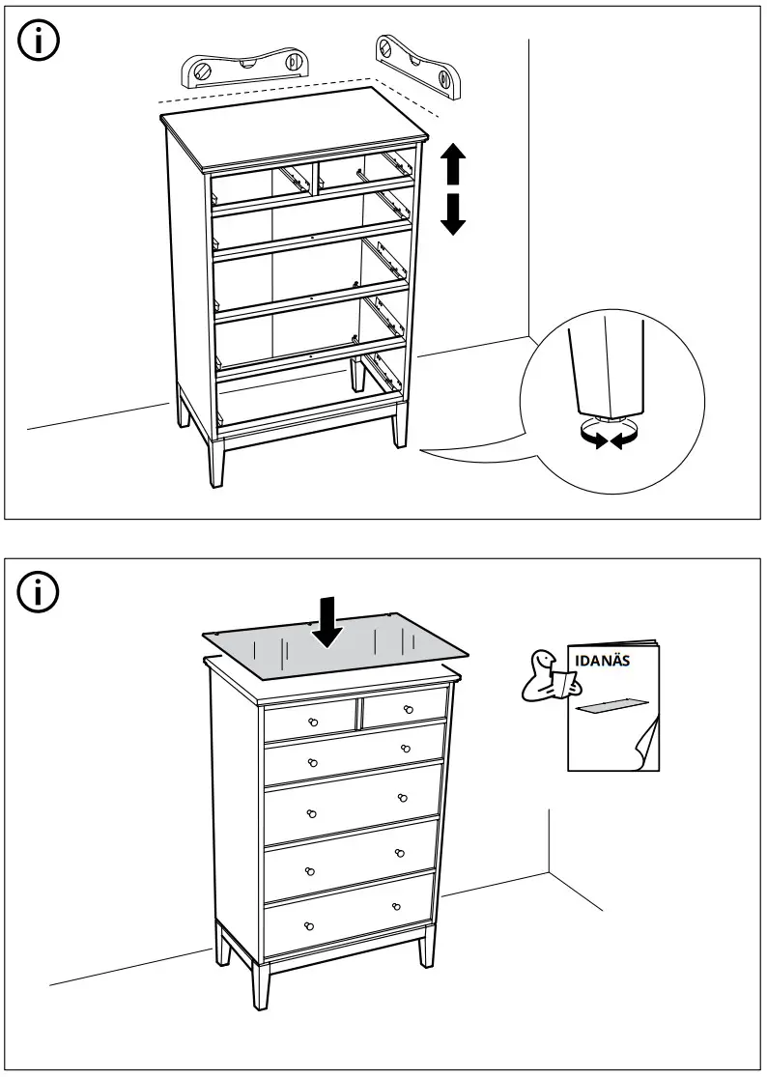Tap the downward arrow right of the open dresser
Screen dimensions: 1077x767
453,213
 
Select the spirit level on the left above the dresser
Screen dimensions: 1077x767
247,69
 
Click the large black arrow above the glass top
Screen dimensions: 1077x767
328,620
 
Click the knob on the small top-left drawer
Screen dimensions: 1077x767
313,723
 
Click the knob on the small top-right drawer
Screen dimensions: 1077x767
409,710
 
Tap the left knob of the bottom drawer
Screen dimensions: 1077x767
308,925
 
